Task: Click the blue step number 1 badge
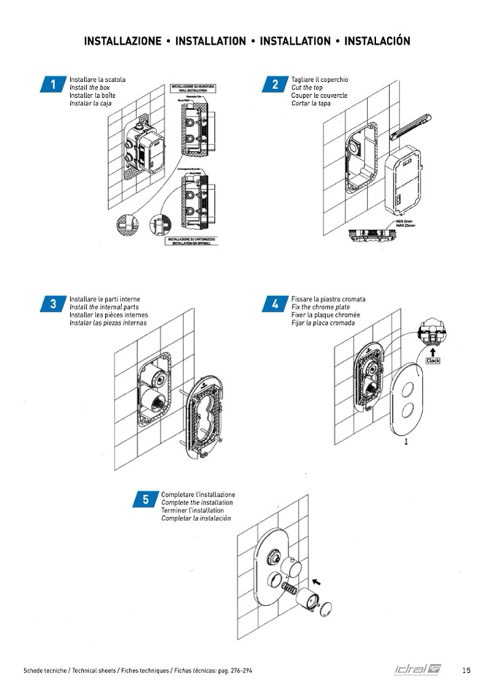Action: click(53, 85)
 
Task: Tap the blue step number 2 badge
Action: click(275, 85)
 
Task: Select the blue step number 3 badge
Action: click(53, 304)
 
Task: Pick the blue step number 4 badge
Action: click(275, 304)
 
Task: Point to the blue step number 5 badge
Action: click(145, 499)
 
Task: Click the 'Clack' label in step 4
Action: click(433, 361)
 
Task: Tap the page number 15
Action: click(467, 670)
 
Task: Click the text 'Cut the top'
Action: click(307, 88)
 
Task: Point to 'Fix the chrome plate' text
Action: click(321, 307)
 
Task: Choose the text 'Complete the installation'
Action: click(197, 503)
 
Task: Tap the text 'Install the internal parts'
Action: click(104, 307)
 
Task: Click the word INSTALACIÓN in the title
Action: click(377, 41)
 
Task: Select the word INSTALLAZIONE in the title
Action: click(123, 41)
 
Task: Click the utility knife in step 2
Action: click(410, 126)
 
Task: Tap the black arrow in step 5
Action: click(316, 582)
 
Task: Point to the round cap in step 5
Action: click(328, 607)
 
